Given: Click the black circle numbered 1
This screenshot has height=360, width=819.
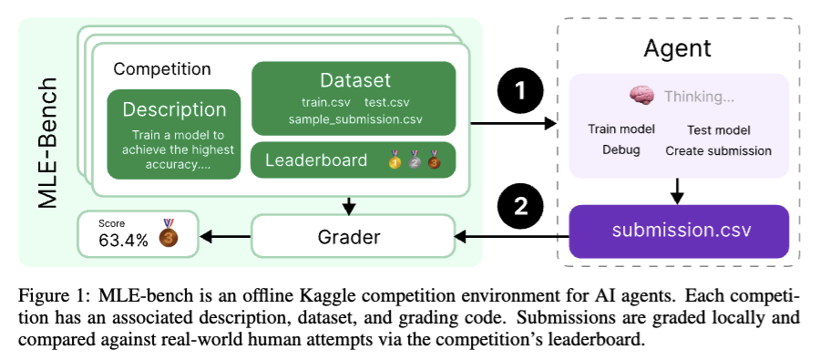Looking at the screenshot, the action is click(x=520, y=92).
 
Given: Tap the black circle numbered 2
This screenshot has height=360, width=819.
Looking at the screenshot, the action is click(x=520, y=208).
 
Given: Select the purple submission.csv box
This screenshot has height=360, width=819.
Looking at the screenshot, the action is click(x=679, y=231).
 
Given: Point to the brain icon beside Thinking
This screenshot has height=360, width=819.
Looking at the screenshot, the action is click(x=641, y=96).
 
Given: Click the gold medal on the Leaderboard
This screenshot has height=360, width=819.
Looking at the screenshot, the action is click(x=394, y=159).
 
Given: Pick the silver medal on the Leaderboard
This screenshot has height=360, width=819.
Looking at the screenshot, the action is click(x=415, y=159).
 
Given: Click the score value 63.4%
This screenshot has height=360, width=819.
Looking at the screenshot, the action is click(x=123, y=240).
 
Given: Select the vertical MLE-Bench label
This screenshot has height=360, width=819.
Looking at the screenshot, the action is click(x=47, y=143).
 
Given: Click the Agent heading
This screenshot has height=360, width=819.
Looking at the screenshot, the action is click(x=677, y=48).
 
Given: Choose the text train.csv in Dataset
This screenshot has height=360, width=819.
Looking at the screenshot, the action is click(x=326, y=102).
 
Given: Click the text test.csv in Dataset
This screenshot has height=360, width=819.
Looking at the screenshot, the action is click(x=387, y=102).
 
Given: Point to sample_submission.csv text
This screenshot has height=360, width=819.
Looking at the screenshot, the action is click(x=355, y=119).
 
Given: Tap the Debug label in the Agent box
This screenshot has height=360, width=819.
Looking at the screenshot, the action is click(x=621, y=150).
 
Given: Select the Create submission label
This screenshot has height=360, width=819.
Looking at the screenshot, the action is click(x=718, y=151).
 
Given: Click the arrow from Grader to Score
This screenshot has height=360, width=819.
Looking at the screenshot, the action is click(x=225, y=237).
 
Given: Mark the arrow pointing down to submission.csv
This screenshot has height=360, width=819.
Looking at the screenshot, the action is click(x=678, y=191).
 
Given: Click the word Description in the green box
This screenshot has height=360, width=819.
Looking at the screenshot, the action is click(x=174, y=109).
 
